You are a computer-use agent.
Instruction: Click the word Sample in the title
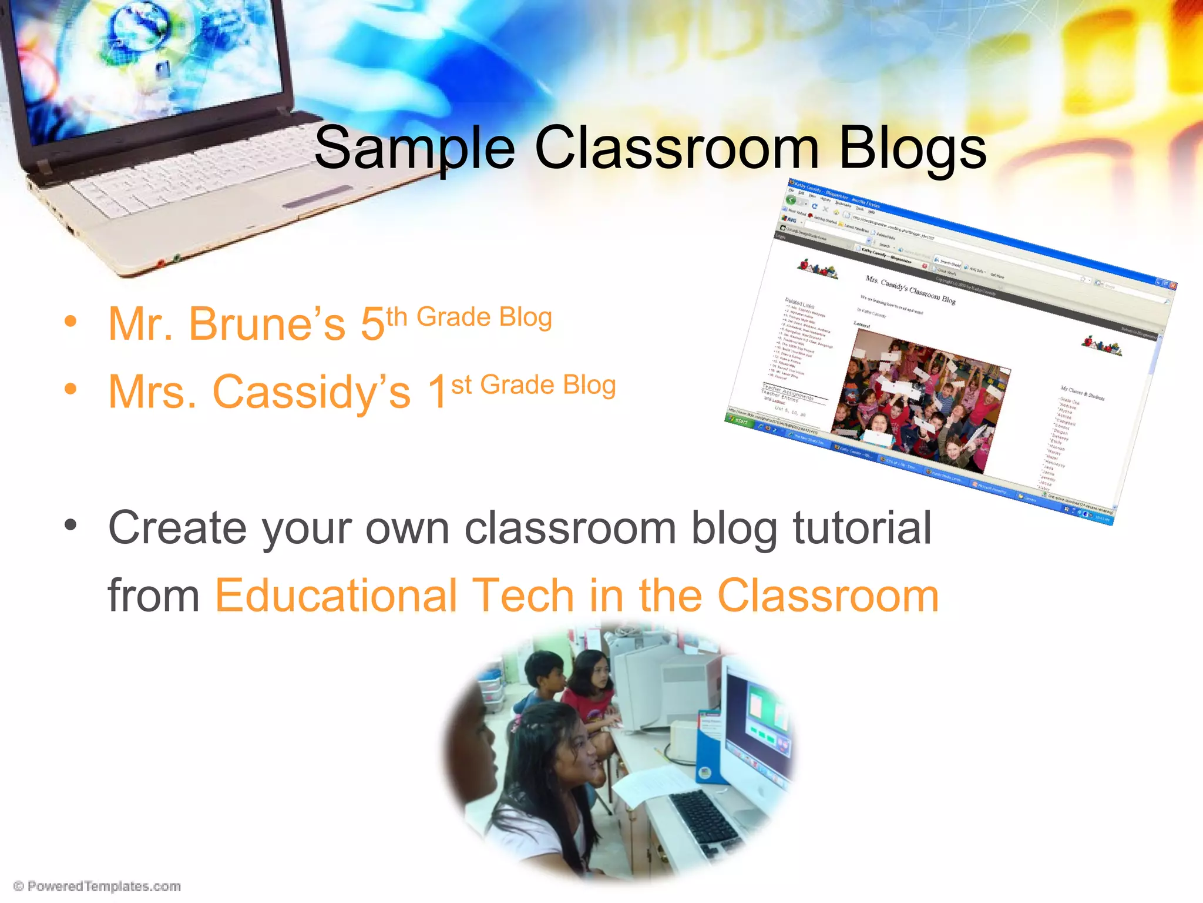pos(415,148)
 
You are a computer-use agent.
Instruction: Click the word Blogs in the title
pos(912,148)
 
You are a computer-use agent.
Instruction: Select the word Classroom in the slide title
pos(676,148)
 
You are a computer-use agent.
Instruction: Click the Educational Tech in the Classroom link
pos(577,595)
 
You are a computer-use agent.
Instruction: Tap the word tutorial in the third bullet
pos(862,527)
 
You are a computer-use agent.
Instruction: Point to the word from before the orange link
pos(154,595)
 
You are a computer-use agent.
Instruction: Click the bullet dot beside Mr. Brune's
pos(71,322)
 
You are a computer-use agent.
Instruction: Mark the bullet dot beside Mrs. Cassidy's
pos(71,389)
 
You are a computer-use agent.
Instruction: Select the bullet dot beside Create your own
pos(71,526)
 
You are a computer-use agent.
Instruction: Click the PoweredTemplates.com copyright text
pos(98,886)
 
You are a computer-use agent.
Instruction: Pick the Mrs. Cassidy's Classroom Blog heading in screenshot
pos(910,289)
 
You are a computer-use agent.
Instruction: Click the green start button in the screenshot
pos(739,420)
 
